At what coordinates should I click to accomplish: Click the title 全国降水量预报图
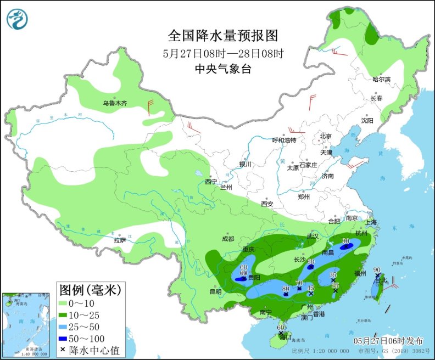pos(223,36)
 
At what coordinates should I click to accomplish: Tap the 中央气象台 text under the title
pos(223,69)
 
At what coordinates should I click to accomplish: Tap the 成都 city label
pos(228,239)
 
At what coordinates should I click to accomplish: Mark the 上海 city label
pos(371,222)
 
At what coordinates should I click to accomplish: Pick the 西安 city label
pos(267,204)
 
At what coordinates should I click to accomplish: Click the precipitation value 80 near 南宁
pos(286,288)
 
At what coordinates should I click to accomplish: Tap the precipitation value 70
pos(299,282)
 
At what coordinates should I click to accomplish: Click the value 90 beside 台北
pos(377,269)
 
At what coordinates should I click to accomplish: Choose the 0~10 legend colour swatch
pos(68,303)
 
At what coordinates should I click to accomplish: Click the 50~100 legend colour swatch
pos(68,338)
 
